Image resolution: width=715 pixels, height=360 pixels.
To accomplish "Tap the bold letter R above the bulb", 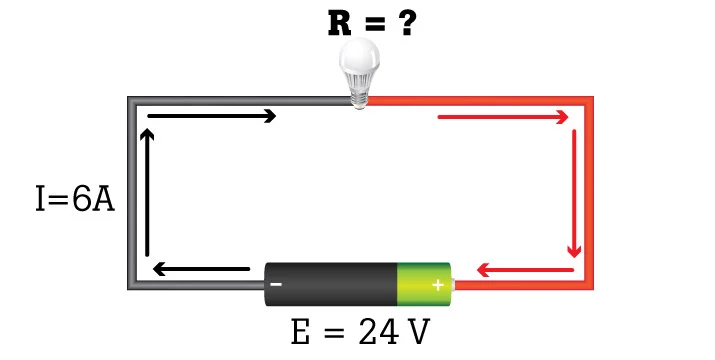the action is click(x=340, y=24).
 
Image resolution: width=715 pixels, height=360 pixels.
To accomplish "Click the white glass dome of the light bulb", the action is click(x=359, y=56).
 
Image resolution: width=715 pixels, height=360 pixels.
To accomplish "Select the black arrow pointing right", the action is click(x=212, y=116).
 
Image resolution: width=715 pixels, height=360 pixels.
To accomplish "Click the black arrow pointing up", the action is click(x=147, y=192).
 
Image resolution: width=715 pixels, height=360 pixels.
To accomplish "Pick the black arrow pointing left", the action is click(x=201, y=269).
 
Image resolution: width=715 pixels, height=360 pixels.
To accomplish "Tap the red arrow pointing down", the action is click(x=574, y=193).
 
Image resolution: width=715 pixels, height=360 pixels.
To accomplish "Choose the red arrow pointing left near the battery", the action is click(x=525, y=270).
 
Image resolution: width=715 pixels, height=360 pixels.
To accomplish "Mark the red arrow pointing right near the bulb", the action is click(x=503, y=117).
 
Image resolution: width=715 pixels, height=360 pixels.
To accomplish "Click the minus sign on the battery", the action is click(x=276, y=285).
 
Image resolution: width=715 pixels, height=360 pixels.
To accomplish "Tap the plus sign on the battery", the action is click(x=438, y=286).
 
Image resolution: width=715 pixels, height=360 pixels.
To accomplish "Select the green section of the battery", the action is click(x=424, y=284).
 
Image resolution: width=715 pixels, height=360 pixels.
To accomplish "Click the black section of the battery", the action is click(x=331, y=284).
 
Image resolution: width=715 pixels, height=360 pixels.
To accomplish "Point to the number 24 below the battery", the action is click(x=378, y=332).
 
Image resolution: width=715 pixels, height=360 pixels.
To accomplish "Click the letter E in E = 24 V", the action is click(x=301, y=332).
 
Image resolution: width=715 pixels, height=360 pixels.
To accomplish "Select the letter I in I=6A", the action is click(x=41, y=198).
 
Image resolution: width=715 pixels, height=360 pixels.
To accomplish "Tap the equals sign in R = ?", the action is click(x=373, y=24).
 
